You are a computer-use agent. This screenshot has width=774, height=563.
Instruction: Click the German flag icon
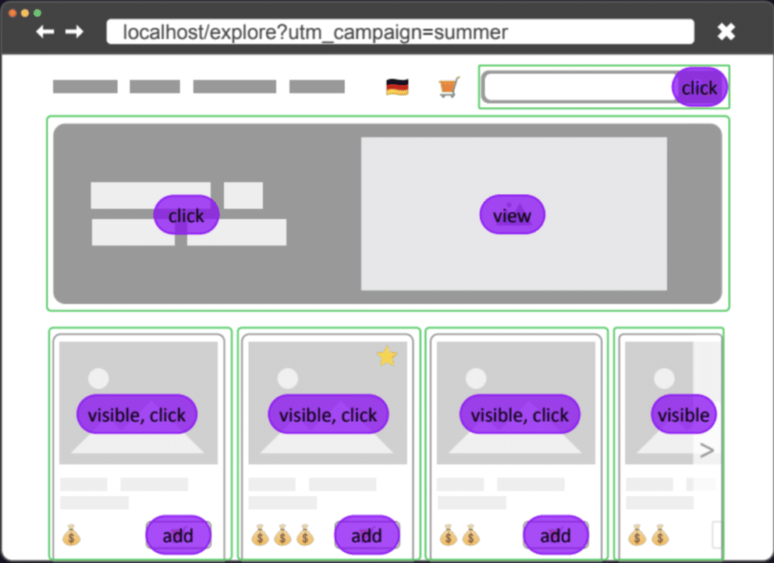[397, 87]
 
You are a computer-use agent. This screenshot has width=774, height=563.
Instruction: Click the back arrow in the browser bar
[45, 31]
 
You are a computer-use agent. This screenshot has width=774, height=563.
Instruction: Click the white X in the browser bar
[726, 31]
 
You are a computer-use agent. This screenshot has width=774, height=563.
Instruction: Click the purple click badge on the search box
[699, 88]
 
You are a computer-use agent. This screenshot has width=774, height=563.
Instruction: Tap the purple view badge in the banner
[512, 215]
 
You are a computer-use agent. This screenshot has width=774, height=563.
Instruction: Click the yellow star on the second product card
[386, 356]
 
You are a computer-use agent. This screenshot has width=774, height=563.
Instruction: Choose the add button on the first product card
[179, 535]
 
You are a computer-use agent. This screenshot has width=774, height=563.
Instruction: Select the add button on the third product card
[556, 535]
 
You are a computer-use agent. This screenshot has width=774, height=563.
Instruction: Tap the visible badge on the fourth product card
[683, 415]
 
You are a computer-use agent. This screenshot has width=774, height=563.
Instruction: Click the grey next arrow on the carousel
[707, 450]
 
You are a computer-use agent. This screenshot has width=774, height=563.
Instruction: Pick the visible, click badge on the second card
[328, 415]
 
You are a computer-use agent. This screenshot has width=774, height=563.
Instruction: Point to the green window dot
[37, 13]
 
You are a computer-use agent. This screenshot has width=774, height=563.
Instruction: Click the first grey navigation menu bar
[85, 87]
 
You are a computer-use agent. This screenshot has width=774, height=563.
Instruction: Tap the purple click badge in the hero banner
[186, 215]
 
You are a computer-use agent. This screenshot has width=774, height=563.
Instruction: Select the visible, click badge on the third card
[520, 415]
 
